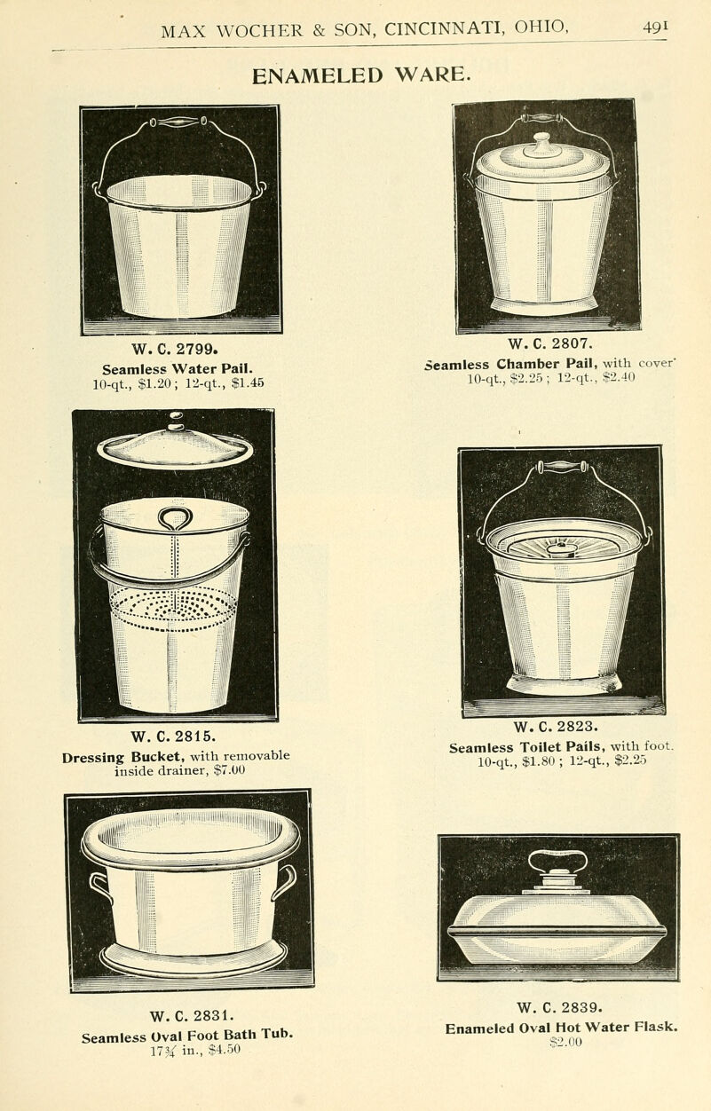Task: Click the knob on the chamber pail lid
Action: [x=542, y=142]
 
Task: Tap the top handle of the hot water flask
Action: [x=557, y=861]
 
